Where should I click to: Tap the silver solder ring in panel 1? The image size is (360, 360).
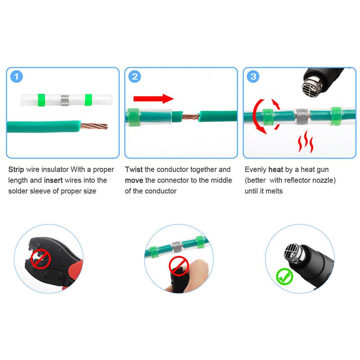65,99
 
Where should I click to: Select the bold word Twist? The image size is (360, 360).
134,170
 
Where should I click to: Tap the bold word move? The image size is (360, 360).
135,180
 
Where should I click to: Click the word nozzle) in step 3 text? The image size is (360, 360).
324,180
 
